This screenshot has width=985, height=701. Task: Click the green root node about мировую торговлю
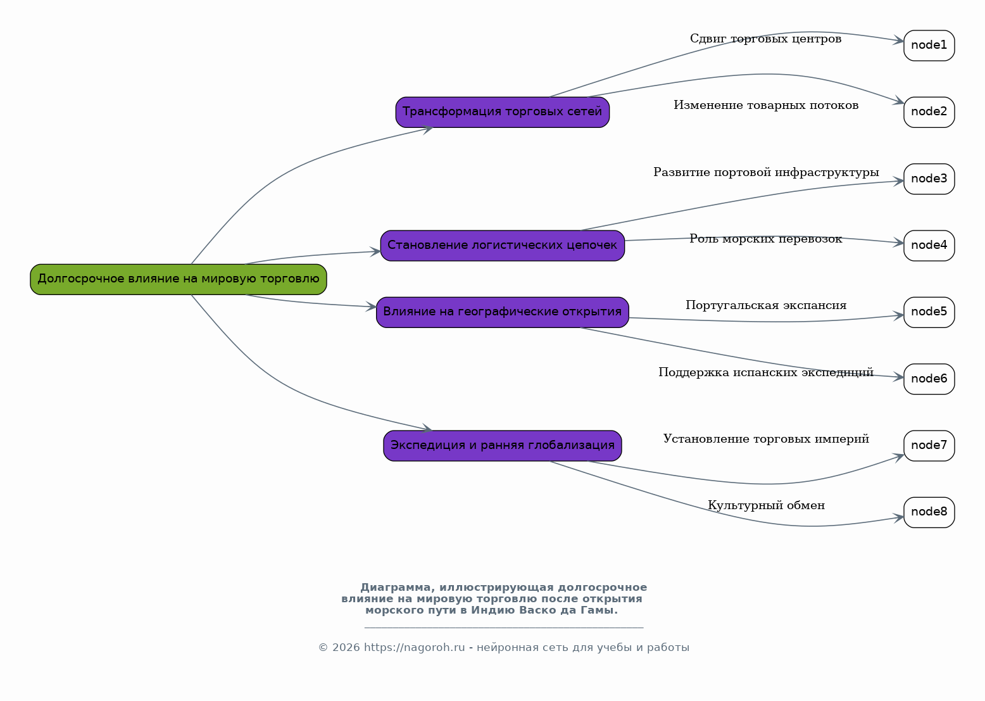coord(179,280)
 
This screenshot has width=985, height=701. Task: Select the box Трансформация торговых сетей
coord(503,113)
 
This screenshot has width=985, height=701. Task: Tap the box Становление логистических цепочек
coord(503,246)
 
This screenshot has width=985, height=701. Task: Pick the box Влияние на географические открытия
coord(503,313)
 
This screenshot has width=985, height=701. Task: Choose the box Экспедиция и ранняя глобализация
coord(503,446)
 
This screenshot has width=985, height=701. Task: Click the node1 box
coord(929,46)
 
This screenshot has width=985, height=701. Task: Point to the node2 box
coord(929,113)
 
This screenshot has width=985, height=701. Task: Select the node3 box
coord(929,179)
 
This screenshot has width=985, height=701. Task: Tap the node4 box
coord(929,246)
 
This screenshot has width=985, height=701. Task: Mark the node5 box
coord(929,313)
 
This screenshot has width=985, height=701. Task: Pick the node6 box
coord(929,379)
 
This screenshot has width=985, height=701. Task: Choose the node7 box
coord(929,446)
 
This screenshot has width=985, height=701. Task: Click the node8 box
coord(929,513)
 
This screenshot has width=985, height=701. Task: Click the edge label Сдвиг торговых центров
coord(766,39)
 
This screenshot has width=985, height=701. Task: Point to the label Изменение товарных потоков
coord(766,106)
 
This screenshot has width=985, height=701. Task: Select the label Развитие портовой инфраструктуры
coord(766,172)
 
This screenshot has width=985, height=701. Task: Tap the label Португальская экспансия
coord(766,306)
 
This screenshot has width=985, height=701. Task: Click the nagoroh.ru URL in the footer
coord(414,648)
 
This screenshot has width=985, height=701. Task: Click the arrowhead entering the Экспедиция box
coord(427,428)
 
